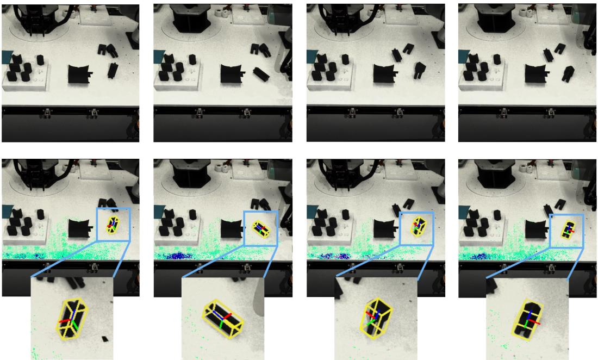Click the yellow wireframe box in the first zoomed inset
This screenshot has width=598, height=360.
(x=71, y=319)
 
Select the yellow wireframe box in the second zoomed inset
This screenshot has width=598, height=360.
(x=222, y=319)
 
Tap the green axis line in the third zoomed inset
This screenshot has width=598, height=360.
(x=371, y=324)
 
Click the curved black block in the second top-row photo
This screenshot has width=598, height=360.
(x=232, y=72)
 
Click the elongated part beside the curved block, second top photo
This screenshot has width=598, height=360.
(x=261, y=73)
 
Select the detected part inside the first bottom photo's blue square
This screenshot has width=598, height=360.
(x=113, y=224)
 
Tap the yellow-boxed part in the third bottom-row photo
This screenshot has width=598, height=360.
(x=419, y=225)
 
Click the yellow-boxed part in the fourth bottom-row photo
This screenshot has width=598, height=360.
(x=568, y=229)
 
